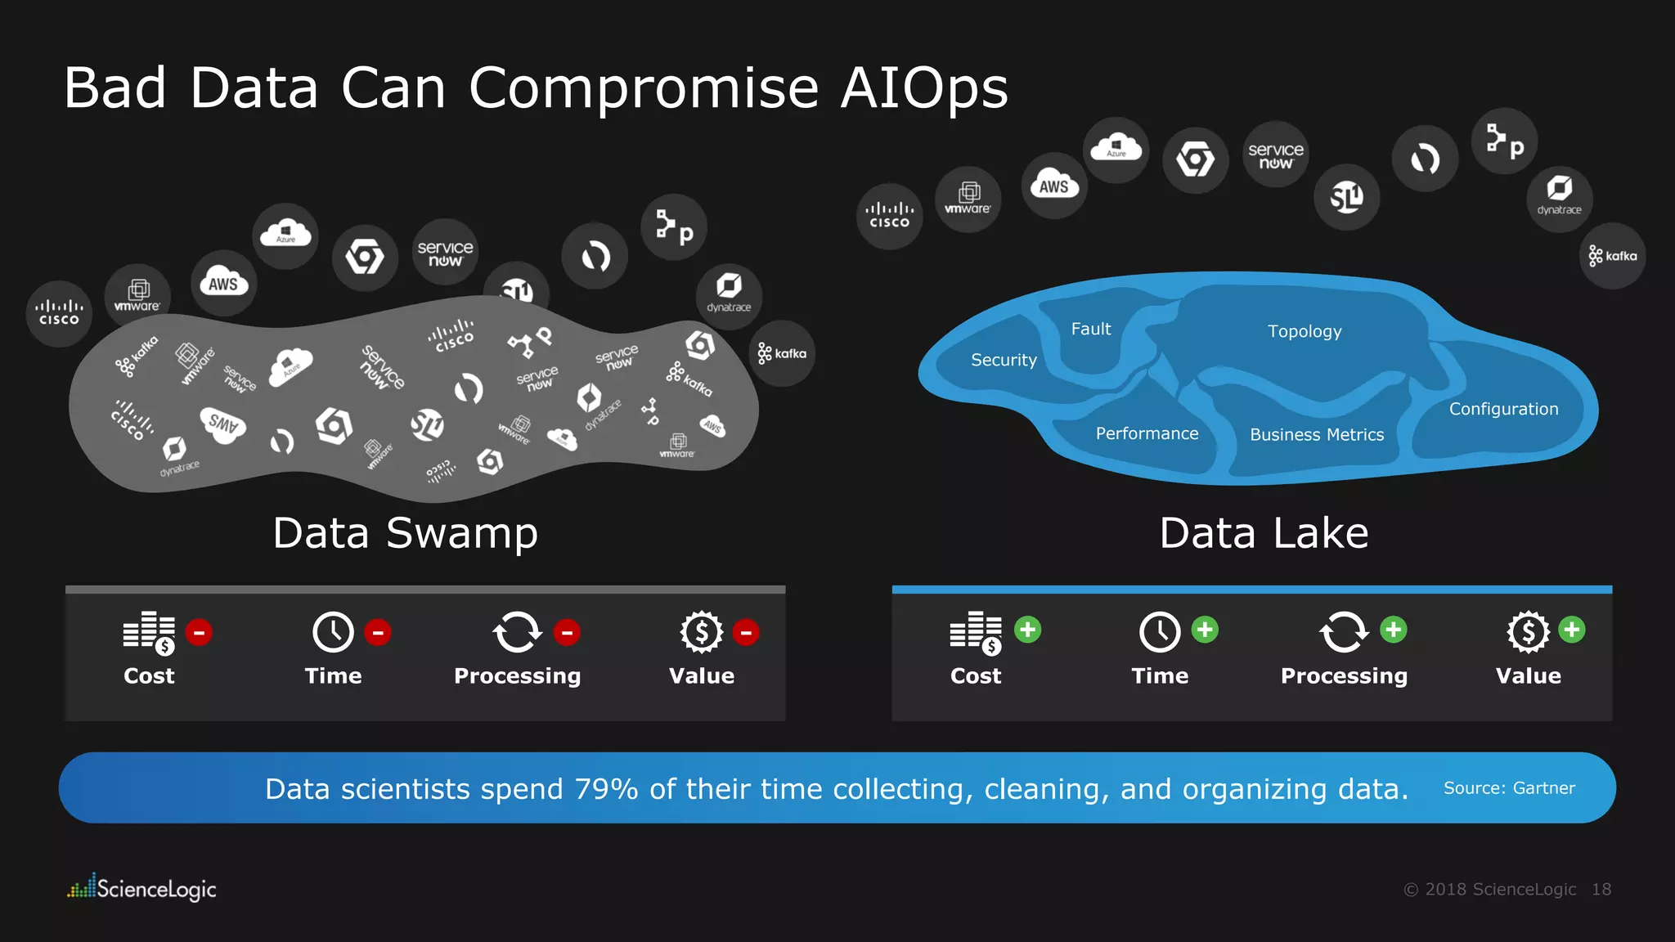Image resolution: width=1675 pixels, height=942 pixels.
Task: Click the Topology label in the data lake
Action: [x=1305, y=331]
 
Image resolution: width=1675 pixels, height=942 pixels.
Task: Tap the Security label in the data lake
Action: [x=1004, y=360]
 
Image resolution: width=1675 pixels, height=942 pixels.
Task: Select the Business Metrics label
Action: [x=1317, y=435]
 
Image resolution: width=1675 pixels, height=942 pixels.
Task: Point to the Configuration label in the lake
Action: [x=1503, y=409]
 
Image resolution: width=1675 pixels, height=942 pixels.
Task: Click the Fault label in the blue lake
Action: [x=1091, y=329]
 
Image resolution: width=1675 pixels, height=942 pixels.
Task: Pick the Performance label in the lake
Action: [x=1147, y=433]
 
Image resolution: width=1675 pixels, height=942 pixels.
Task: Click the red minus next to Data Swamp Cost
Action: [x=199, y=632]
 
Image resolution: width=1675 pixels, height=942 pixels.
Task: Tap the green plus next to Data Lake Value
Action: [x=1571, y=630]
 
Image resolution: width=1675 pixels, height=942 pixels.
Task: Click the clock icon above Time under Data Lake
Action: [x=1160, y=631]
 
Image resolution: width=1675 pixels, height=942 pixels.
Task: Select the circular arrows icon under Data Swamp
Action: [x=517, y=632]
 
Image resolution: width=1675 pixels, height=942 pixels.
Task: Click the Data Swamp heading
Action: [x=406, y=533]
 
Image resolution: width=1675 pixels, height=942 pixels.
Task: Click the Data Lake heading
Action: [x=1264, y=533]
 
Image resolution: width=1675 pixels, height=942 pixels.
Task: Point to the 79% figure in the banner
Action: [x=606, y=789]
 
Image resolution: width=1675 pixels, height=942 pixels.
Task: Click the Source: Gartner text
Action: [x=1509, y=788]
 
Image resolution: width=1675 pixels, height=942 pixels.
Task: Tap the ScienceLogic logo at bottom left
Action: [x=141, y=888]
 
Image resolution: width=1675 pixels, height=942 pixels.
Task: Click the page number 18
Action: [x=1601, y=890]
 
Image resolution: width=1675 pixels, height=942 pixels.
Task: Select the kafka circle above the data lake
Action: [x=1612, y=256]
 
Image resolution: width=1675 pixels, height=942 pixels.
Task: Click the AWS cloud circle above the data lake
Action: [x=1054, y=186]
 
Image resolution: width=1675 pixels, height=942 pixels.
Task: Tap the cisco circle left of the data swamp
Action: [x=59, y=313]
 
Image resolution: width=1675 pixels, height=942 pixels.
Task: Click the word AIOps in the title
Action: [x=924, y=87]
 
